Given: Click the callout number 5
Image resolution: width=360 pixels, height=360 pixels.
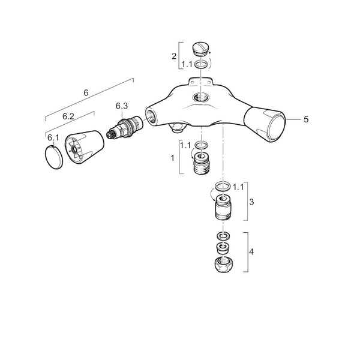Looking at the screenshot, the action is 306,119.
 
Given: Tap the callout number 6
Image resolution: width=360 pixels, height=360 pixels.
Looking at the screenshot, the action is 86,93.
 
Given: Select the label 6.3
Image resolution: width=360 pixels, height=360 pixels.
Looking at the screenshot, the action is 122,106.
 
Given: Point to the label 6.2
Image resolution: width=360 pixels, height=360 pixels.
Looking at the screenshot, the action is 68,116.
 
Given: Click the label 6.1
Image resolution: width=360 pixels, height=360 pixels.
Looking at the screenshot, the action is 53,138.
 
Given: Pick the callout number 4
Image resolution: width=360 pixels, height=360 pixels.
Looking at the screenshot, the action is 251,252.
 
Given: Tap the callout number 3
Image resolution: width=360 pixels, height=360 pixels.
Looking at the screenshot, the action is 251,202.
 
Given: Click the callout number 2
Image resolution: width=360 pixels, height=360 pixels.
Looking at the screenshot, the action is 174,56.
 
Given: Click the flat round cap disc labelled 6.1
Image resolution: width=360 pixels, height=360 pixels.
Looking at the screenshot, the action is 54,157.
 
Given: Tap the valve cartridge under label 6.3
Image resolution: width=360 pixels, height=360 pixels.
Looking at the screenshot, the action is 125,128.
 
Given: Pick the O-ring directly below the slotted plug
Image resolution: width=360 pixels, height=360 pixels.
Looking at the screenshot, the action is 202,64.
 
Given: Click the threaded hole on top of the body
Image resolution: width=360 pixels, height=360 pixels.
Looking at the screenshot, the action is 201,97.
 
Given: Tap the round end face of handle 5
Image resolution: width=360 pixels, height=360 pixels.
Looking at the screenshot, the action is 277,128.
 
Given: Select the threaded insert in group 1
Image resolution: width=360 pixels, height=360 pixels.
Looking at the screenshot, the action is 202,163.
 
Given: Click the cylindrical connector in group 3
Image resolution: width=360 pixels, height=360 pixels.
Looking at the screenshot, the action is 223,208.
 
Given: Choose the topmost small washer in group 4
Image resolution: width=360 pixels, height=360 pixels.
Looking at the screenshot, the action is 223,236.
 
